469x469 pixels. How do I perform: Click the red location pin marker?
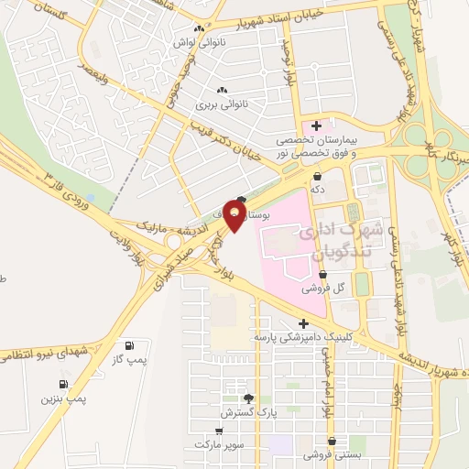(x=234, y=215)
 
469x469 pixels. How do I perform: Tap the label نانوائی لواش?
(x=199, y=42)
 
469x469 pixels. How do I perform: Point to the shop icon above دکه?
(x=318, y=176)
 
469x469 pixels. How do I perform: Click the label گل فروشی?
(x=325, y=287)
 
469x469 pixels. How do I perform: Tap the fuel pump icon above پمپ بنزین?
(x=63, y=384)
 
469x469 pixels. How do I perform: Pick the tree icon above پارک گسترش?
(x=247, y=398)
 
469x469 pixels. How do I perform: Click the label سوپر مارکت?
(x=217, y=443)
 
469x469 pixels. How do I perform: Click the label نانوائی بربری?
(x=220, y=105)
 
